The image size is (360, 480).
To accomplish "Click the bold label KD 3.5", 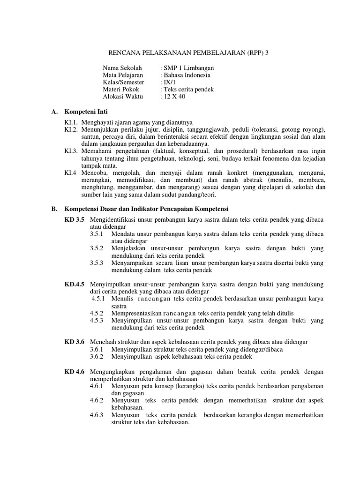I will (74, 219).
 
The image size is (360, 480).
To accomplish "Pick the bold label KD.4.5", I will (75, 284).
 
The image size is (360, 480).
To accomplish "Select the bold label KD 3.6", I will (74, 342).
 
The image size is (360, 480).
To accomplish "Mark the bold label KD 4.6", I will (74, 371).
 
